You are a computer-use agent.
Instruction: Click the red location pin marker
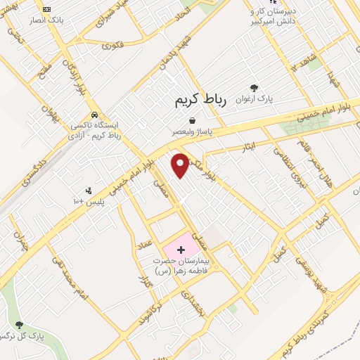click(181, 164)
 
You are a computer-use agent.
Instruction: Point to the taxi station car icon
click(94, 115)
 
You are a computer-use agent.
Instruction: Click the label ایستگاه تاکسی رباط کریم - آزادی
click(95, 129)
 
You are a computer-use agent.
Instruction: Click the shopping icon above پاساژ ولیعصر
click(192, 120)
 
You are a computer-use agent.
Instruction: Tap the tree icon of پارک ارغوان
click(254, 88)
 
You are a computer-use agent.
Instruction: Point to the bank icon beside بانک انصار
click(46, 9)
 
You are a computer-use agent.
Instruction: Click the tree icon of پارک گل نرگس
click(19, 325)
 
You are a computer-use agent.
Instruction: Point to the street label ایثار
click(260, 144)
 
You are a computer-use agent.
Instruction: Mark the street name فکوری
click(112, 46)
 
